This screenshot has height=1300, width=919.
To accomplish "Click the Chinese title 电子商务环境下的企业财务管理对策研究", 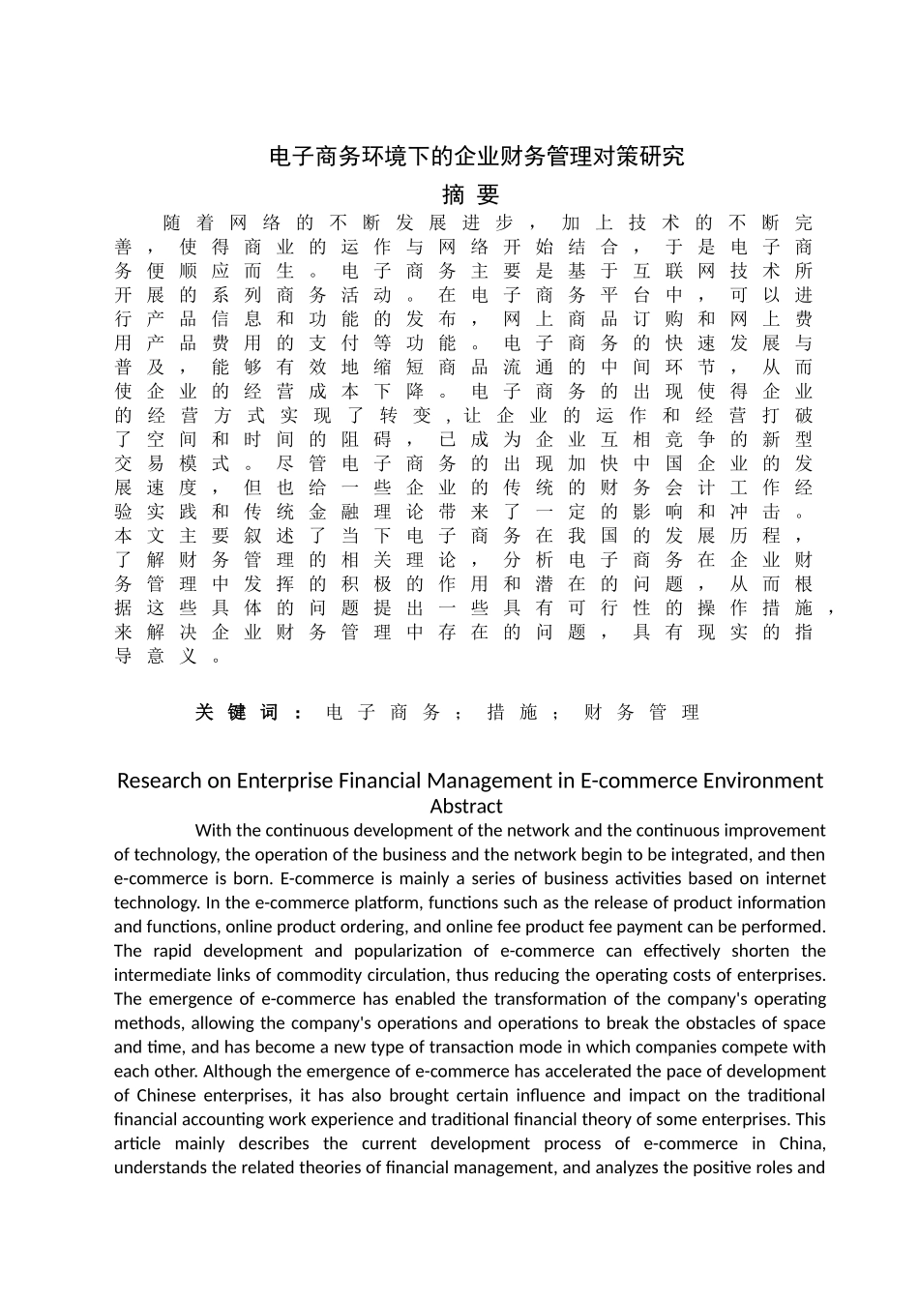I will (x=476, y=157).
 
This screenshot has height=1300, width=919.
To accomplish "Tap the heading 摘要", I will (x=470, y=194).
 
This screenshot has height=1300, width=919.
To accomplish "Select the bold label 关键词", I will (x=236, y=713).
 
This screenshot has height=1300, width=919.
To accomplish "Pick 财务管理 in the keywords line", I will (x=641, y=713).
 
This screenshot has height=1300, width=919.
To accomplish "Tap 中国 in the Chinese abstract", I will (x=657, y=463).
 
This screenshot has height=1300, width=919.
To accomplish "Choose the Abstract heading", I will (x=466, y=806).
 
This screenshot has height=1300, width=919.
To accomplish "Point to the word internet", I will (x=795, y=878).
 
